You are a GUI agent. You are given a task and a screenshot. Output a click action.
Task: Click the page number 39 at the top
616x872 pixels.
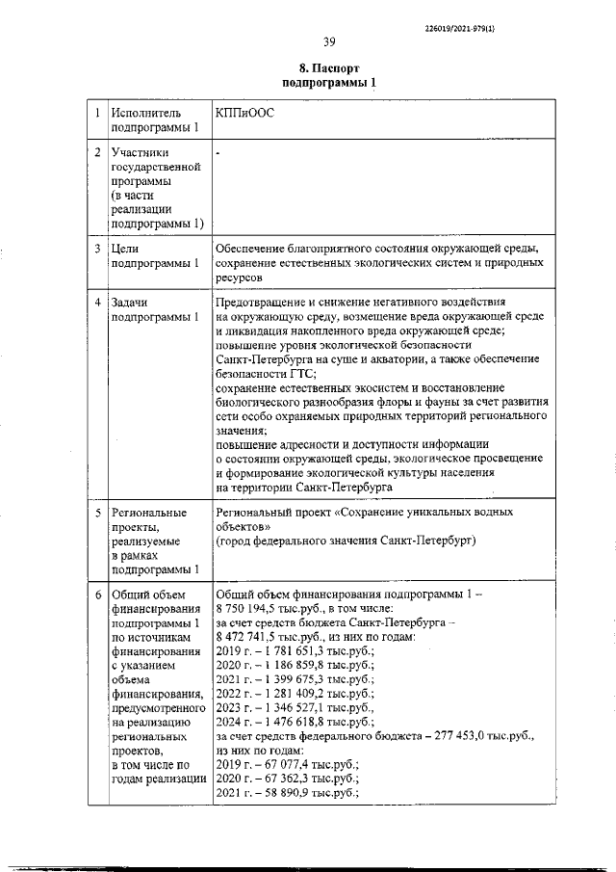point(328,40)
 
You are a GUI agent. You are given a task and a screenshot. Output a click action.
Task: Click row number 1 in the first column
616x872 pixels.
point(95,113)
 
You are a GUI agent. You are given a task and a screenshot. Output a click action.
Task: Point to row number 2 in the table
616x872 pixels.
point(95,152)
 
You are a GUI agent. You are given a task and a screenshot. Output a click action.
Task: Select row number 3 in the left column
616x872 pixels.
point(95,249)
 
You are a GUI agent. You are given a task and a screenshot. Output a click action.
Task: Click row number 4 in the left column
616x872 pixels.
point(95,302)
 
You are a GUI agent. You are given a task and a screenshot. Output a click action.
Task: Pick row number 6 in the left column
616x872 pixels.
point(95,595)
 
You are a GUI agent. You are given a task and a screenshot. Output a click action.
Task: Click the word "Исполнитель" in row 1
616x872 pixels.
point(146,113)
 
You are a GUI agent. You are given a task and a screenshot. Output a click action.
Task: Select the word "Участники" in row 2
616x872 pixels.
point(141,152)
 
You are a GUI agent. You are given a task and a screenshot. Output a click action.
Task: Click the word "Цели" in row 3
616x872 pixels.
point(126,249)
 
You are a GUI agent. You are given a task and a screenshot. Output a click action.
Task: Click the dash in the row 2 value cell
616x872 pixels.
point(219,153)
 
